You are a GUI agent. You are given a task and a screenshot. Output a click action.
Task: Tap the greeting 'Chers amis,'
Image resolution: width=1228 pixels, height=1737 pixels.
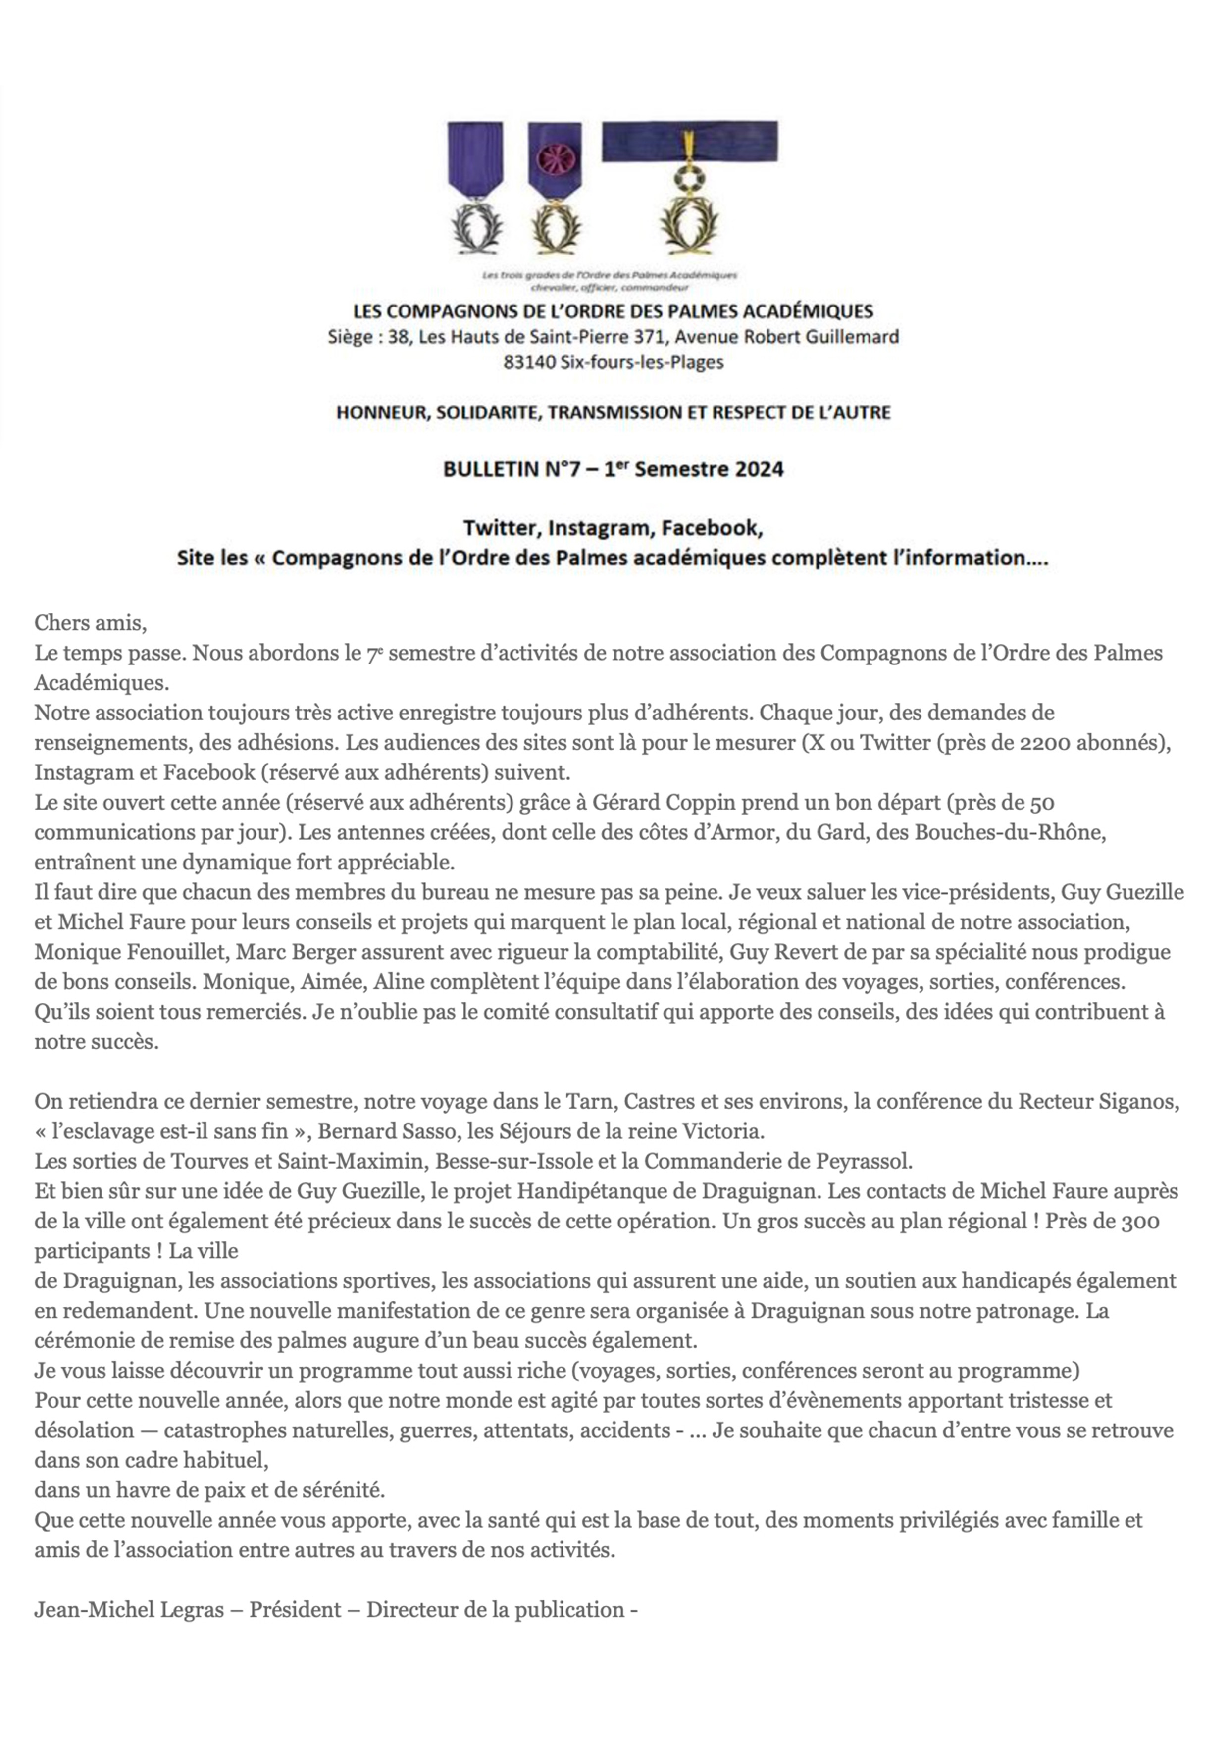pos(90,623)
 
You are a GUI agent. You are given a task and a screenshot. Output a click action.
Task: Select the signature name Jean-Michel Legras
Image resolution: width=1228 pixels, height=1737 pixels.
pos(129,1609)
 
